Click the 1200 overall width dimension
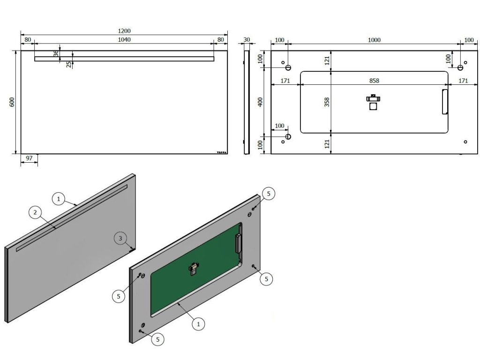(x=124, y=31)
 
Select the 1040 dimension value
(x=124, y=40)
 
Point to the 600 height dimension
(x=12, y=102)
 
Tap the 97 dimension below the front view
(x=29, y=158)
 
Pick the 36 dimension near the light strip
(x=56, y=54)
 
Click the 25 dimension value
(x=69, y=64)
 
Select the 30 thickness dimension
(x=247, y=40)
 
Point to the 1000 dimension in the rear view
(x=374, y=40)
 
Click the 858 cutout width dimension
(x=374, y=81)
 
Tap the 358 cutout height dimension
(x=327, y=102)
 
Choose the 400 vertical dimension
(x=261, y=102)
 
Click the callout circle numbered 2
(x=34, y=213)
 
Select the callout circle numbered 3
(x=120, y=239)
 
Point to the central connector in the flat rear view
(x=374, y=102)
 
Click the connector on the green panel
(x=194, y=269)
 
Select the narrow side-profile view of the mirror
(x=245, y=102)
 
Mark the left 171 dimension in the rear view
(x=285, y=81)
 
